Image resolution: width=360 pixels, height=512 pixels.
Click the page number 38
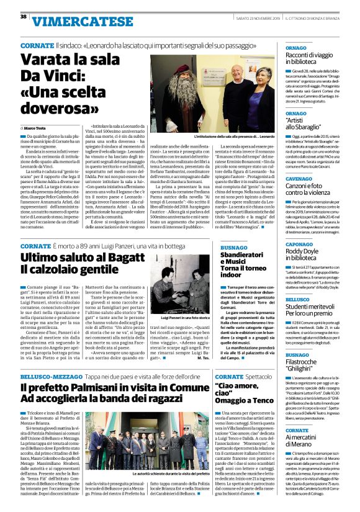(23, 16)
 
